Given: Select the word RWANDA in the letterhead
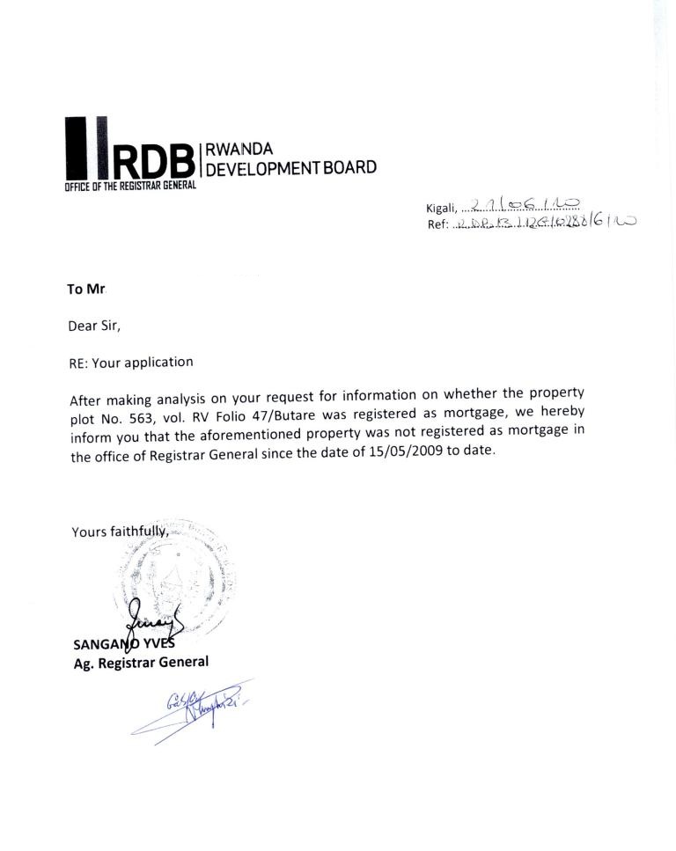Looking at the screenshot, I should click(239, 150).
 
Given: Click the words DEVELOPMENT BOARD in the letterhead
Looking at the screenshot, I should click(290, 167).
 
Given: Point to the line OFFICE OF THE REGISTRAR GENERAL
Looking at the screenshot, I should click(129, 186).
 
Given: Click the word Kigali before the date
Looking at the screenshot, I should click(441, 208).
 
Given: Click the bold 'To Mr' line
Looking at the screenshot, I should click(86, 289).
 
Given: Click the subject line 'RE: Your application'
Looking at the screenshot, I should click(130, 362).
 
